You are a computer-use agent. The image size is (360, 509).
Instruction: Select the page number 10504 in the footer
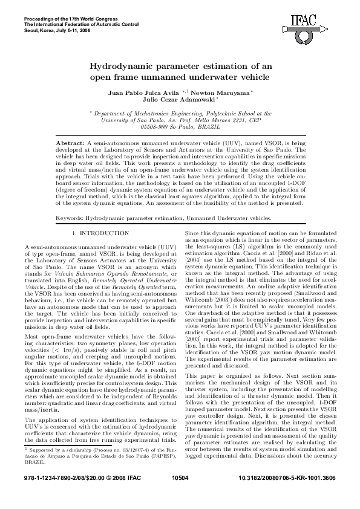(180, 494)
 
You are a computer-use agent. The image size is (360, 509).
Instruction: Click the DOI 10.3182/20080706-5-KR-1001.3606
(286, 494)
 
